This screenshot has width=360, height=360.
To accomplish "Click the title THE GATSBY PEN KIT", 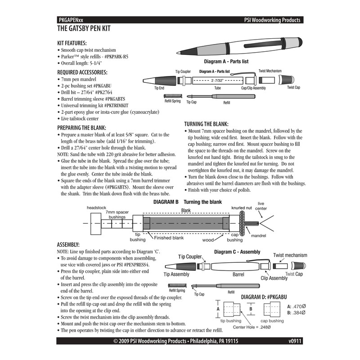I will (84, 28).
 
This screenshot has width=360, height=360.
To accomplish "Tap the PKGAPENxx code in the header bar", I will (71, 20).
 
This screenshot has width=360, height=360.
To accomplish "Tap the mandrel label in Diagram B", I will (259, 235).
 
